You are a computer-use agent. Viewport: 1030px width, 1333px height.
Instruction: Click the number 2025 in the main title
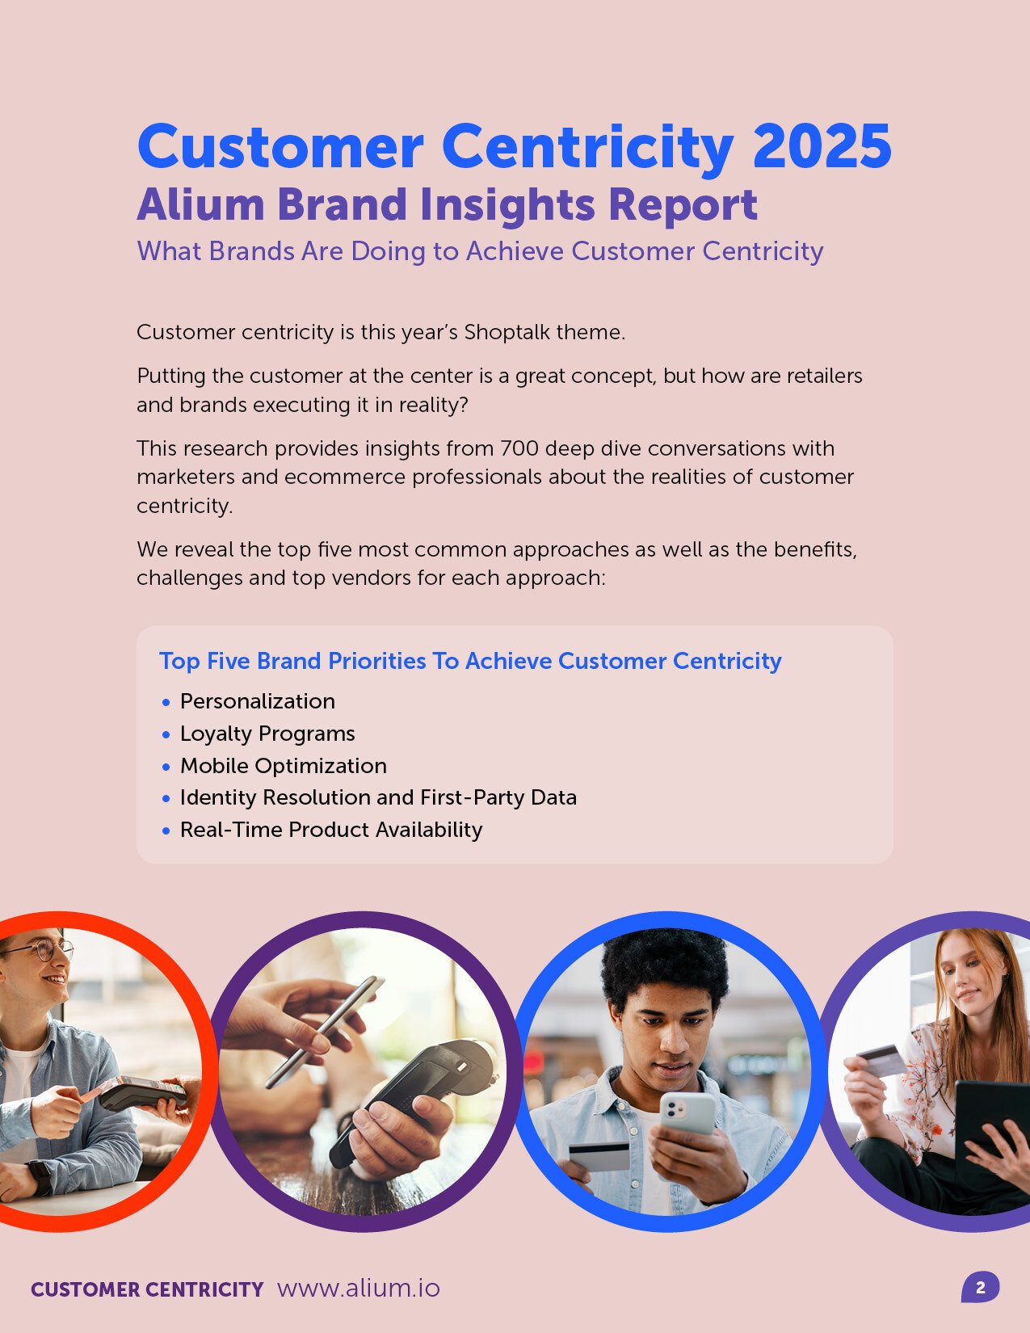(822, 147)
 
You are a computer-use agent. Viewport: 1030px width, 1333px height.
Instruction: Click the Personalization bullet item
(257, 701)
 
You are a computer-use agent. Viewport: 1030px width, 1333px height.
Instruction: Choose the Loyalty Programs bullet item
(267, 734)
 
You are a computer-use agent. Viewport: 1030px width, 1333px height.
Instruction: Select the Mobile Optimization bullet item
(283, 766)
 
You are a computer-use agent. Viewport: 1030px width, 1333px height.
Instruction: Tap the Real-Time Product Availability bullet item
(330, 830)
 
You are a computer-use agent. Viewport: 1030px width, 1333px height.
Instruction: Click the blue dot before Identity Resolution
(166, 799)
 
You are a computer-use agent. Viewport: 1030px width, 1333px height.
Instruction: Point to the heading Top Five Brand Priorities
(469, 661)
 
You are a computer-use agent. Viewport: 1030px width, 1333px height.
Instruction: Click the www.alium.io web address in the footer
(358, 1288)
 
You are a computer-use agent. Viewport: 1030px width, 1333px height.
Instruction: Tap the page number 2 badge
(980, 1288)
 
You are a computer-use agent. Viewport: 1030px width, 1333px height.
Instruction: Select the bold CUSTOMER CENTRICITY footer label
(147, 1289)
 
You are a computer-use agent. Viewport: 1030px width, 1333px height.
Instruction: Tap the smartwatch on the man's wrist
(40, 1176)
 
